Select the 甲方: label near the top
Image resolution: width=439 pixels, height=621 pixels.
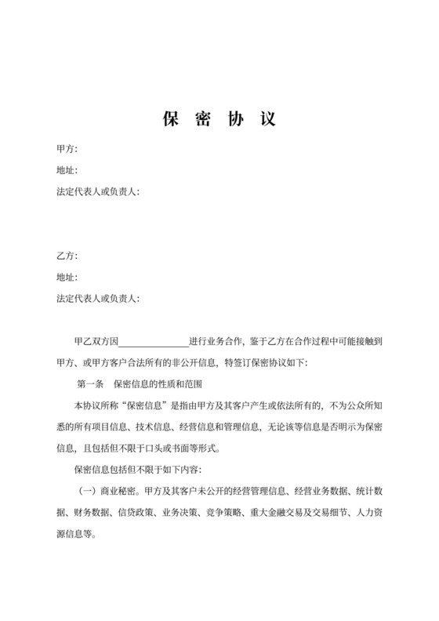click(x=67, y=149)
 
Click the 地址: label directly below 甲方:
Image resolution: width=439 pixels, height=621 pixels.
click(x=67, y=170)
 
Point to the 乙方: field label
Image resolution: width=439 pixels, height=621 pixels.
click(x=67, y=256)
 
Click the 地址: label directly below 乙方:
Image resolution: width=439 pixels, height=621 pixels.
click(x=67, y=278)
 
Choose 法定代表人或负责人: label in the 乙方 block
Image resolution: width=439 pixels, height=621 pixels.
click(x=99, y=299)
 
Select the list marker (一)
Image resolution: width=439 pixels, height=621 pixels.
click(x=84, y=492)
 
